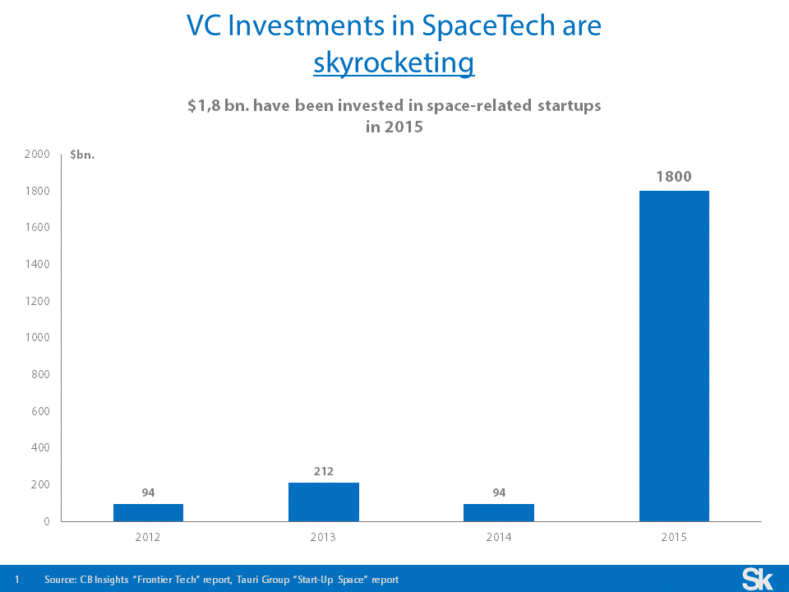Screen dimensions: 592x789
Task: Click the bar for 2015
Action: pos(674,356)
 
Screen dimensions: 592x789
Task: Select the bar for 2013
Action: pos(324,502)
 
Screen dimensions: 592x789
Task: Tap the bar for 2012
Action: pos(148,512)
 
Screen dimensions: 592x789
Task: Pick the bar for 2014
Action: pos(499,512)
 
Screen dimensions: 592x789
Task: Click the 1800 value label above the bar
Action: pos(674,176)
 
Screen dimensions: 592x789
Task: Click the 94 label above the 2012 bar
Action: pos(148,493)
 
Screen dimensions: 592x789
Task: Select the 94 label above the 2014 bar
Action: pos(499,493)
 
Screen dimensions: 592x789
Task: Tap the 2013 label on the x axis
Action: pos(324,537)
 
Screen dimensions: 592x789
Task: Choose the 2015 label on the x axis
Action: pos(674,537)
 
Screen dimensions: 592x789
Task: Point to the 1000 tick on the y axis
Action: pos(37,337)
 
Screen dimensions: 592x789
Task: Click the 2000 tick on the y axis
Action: pos(37,154)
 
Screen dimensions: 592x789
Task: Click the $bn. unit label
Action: pos(83,155)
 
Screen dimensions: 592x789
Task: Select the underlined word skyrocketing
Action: pos(394,62)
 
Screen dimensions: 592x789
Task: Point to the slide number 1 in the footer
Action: pos(16,580)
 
